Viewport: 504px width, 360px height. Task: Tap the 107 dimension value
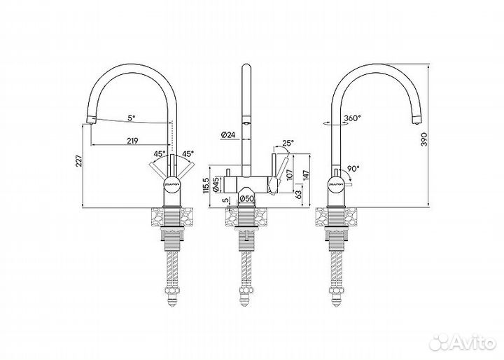(x=288, y=175)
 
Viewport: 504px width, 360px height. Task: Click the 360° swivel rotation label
(x=352, y=118)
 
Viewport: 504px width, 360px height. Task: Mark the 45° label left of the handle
(x=160, y=154)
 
